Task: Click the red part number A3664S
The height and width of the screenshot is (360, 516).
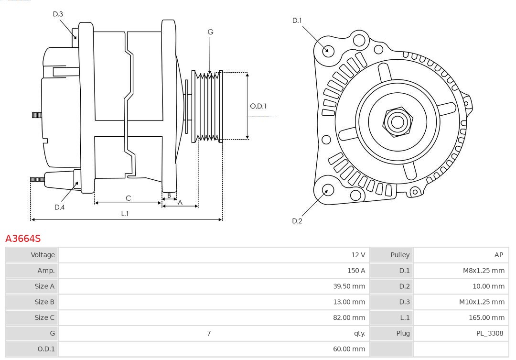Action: click(x=23, y=238)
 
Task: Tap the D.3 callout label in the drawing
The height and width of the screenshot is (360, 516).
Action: click(x=58, y=14)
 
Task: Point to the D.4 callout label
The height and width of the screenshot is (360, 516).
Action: click(x=59, y=207)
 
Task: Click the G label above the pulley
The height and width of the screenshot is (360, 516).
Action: click(x=210, y=32)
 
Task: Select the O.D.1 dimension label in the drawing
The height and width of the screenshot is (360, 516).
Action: click(x=258, y=106)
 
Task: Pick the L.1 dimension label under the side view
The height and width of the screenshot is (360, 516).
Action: click(x=125, y=214)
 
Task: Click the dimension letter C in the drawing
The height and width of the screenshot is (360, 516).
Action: click(x=128, y=198)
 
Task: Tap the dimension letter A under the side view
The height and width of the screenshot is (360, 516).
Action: click(x=180, y=202)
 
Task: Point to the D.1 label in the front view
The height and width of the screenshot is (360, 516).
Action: click(x=297, y=20)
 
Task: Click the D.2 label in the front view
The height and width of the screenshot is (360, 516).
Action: click(x=297, y=221)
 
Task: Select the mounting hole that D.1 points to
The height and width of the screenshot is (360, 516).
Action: click(x=328, y=50)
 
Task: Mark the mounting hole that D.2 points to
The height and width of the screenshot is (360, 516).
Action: click(x=327, y=190)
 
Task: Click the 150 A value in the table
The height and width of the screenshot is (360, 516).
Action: click(x=356, y=271)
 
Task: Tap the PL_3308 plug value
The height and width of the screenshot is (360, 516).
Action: click(x=489, y=333)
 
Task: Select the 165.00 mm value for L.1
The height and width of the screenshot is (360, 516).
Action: click(x=486, y=317)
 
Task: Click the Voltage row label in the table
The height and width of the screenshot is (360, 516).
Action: click(x=43, y=255)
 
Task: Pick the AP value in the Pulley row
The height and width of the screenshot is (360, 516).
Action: click(x=499, y=255)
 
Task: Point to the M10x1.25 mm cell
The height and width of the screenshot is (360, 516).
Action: click(x=482, y=302)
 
